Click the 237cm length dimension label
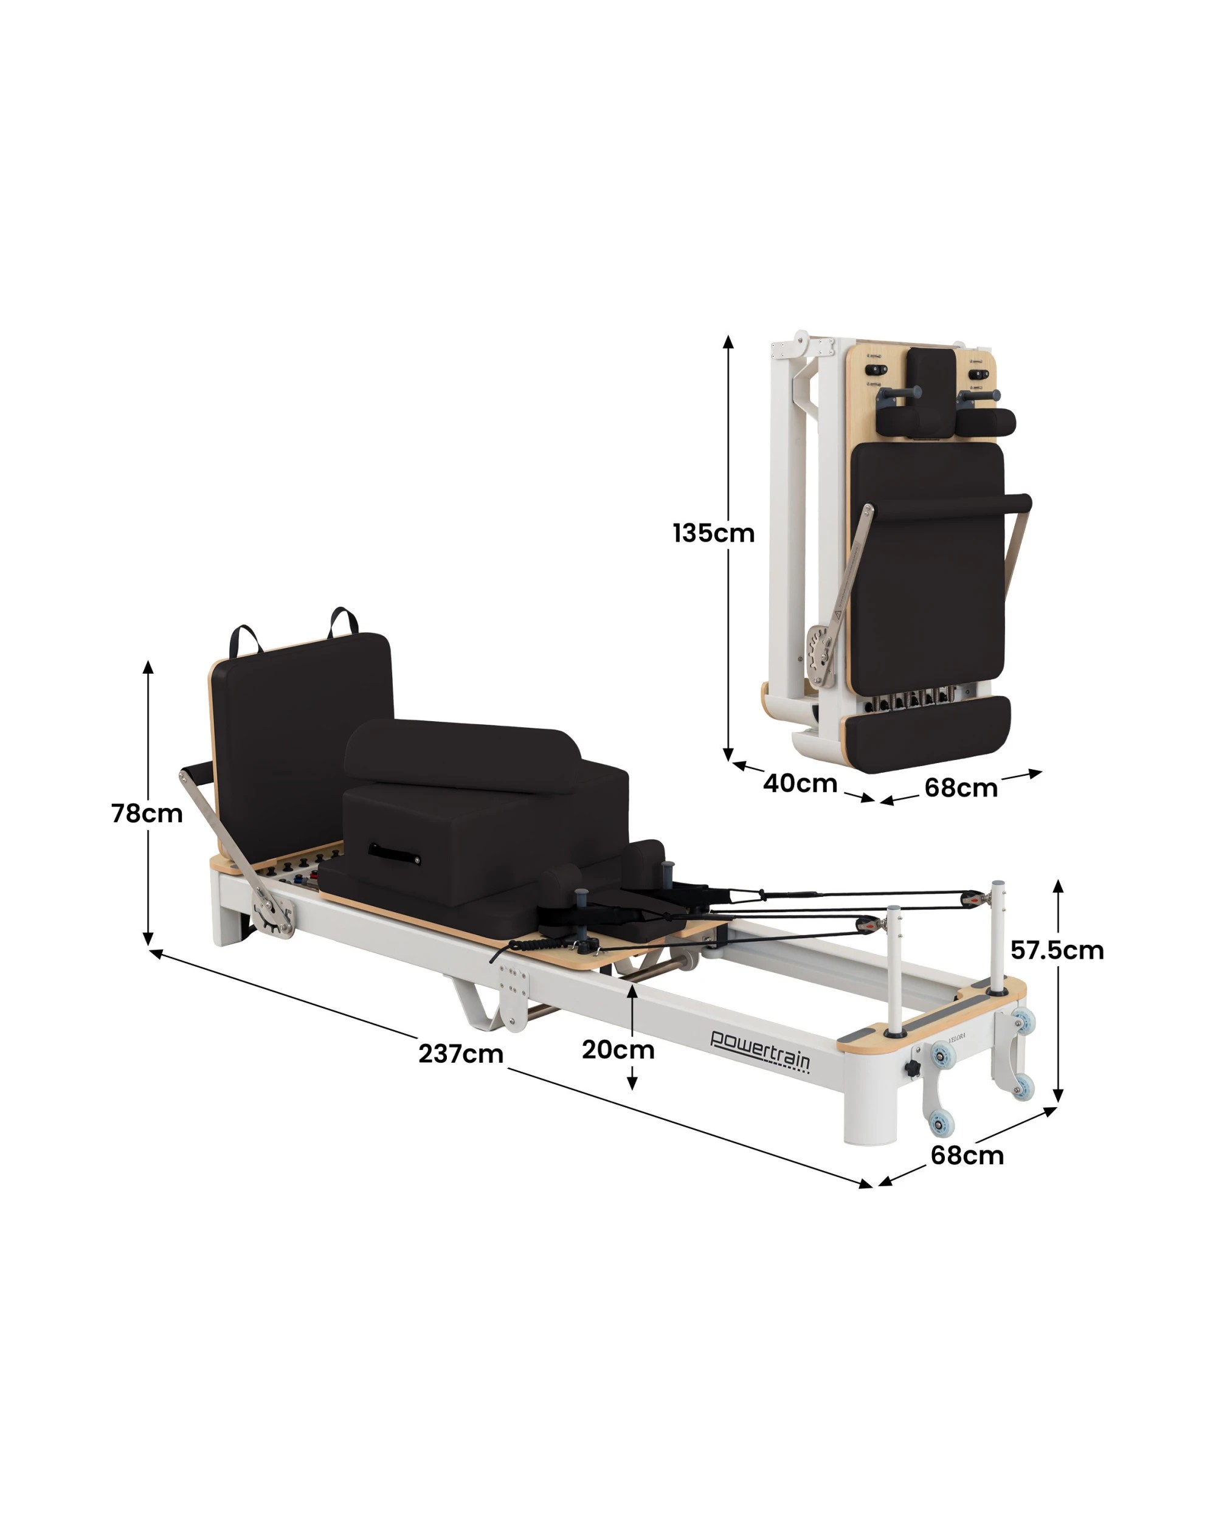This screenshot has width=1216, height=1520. tap(461, 1054)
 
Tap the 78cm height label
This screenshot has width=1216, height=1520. tap(147, 814)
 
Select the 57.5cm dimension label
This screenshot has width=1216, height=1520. tap(1057, 950)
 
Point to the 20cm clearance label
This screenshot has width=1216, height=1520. tap(618, 1050)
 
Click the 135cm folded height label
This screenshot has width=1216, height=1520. tap(713, 533)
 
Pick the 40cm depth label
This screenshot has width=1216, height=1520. tap(800, 783)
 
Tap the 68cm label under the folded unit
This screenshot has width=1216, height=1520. tap(961, 787)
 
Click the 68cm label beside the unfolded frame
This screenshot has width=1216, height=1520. tap(967, 1156)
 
